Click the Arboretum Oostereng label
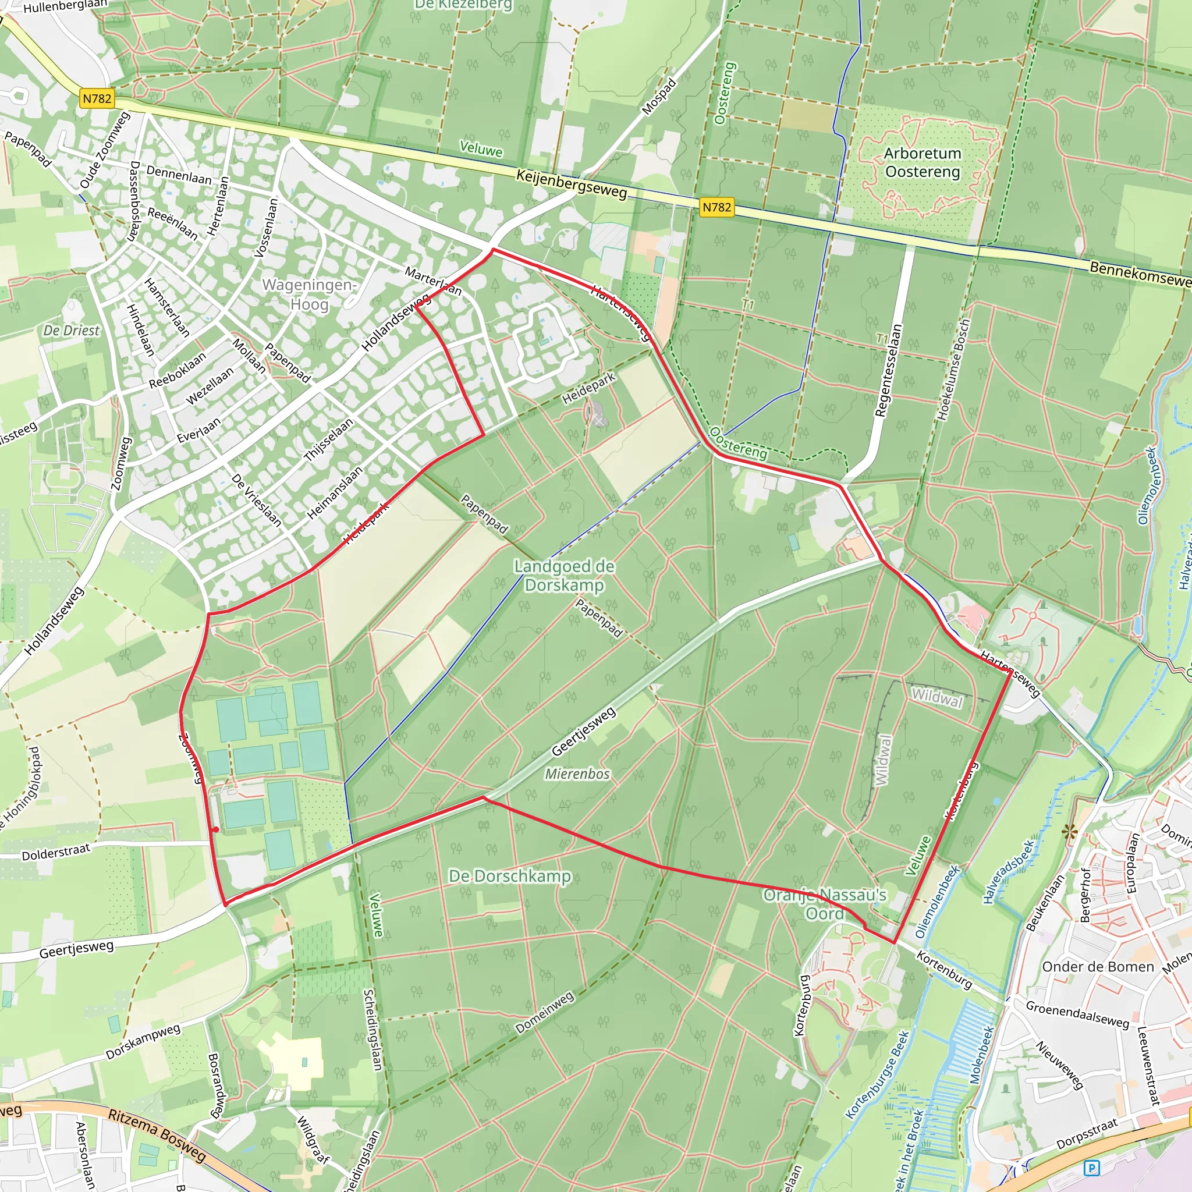click(922, 162)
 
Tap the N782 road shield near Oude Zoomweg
click(97, 99)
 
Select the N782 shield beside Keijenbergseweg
click(717, 207)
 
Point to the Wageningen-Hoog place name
click(309, 295)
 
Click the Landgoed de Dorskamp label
click(564, 575)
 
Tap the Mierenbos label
click(577, 774)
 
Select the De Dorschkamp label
click(510, 876)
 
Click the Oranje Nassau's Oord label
click(824, 904)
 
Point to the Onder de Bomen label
click(1098, 967)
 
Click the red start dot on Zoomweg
click(215, 830)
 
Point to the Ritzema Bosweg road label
click(157, 1134)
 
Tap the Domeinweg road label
click(545, 1013)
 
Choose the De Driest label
click(71, 331)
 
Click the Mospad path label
click(659, 97)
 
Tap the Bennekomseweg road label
click(1139, 275)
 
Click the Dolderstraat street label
click(55, 852)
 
